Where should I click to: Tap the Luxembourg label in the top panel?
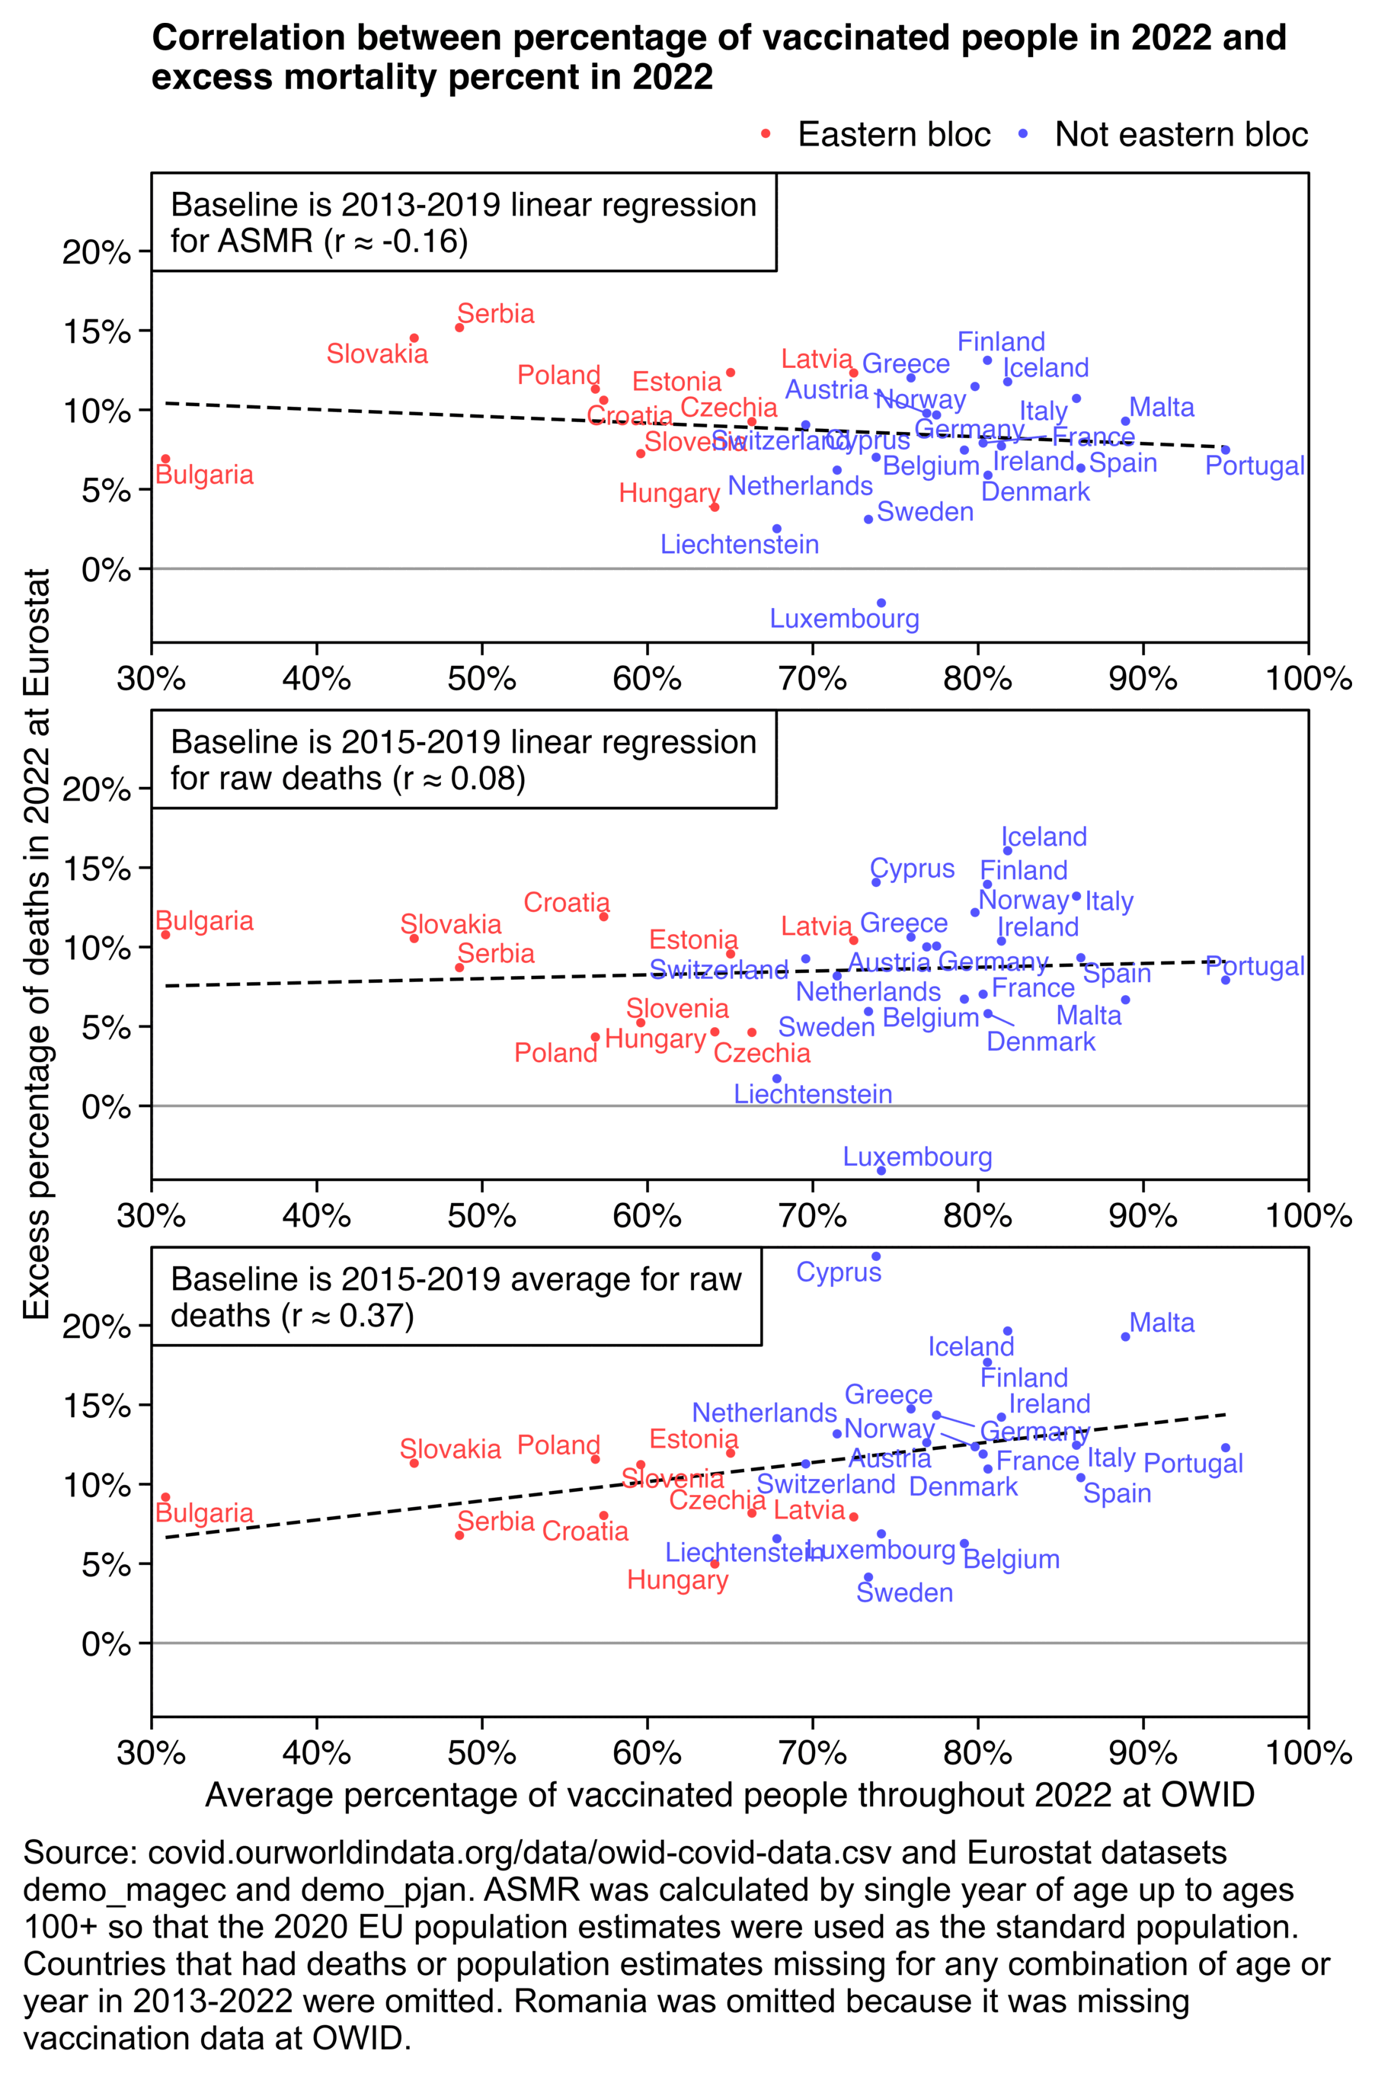tap(845, 619)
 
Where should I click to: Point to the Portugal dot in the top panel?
tap(1225, 450)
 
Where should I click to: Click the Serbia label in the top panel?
tap(495, 314)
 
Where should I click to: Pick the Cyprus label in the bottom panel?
tap(838, 1272)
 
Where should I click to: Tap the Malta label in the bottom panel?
tap(1161, 1323)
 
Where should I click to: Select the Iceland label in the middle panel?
tap(1044, 837)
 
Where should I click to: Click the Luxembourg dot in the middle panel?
tap(881, 1170)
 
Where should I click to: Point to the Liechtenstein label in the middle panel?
tap(813, 1094)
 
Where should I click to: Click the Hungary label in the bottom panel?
tap(677, 1580)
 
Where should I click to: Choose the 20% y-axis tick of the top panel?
tap(97, 252)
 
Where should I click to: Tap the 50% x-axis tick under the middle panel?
tap(481, 1217)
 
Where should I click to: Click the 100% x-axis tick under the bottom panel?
tap(1307, 1754)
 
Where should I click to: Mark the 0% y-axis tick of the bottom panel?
tap(105, 1644)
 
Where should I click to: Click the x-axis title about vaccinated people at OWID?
tap(730, 1796)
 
